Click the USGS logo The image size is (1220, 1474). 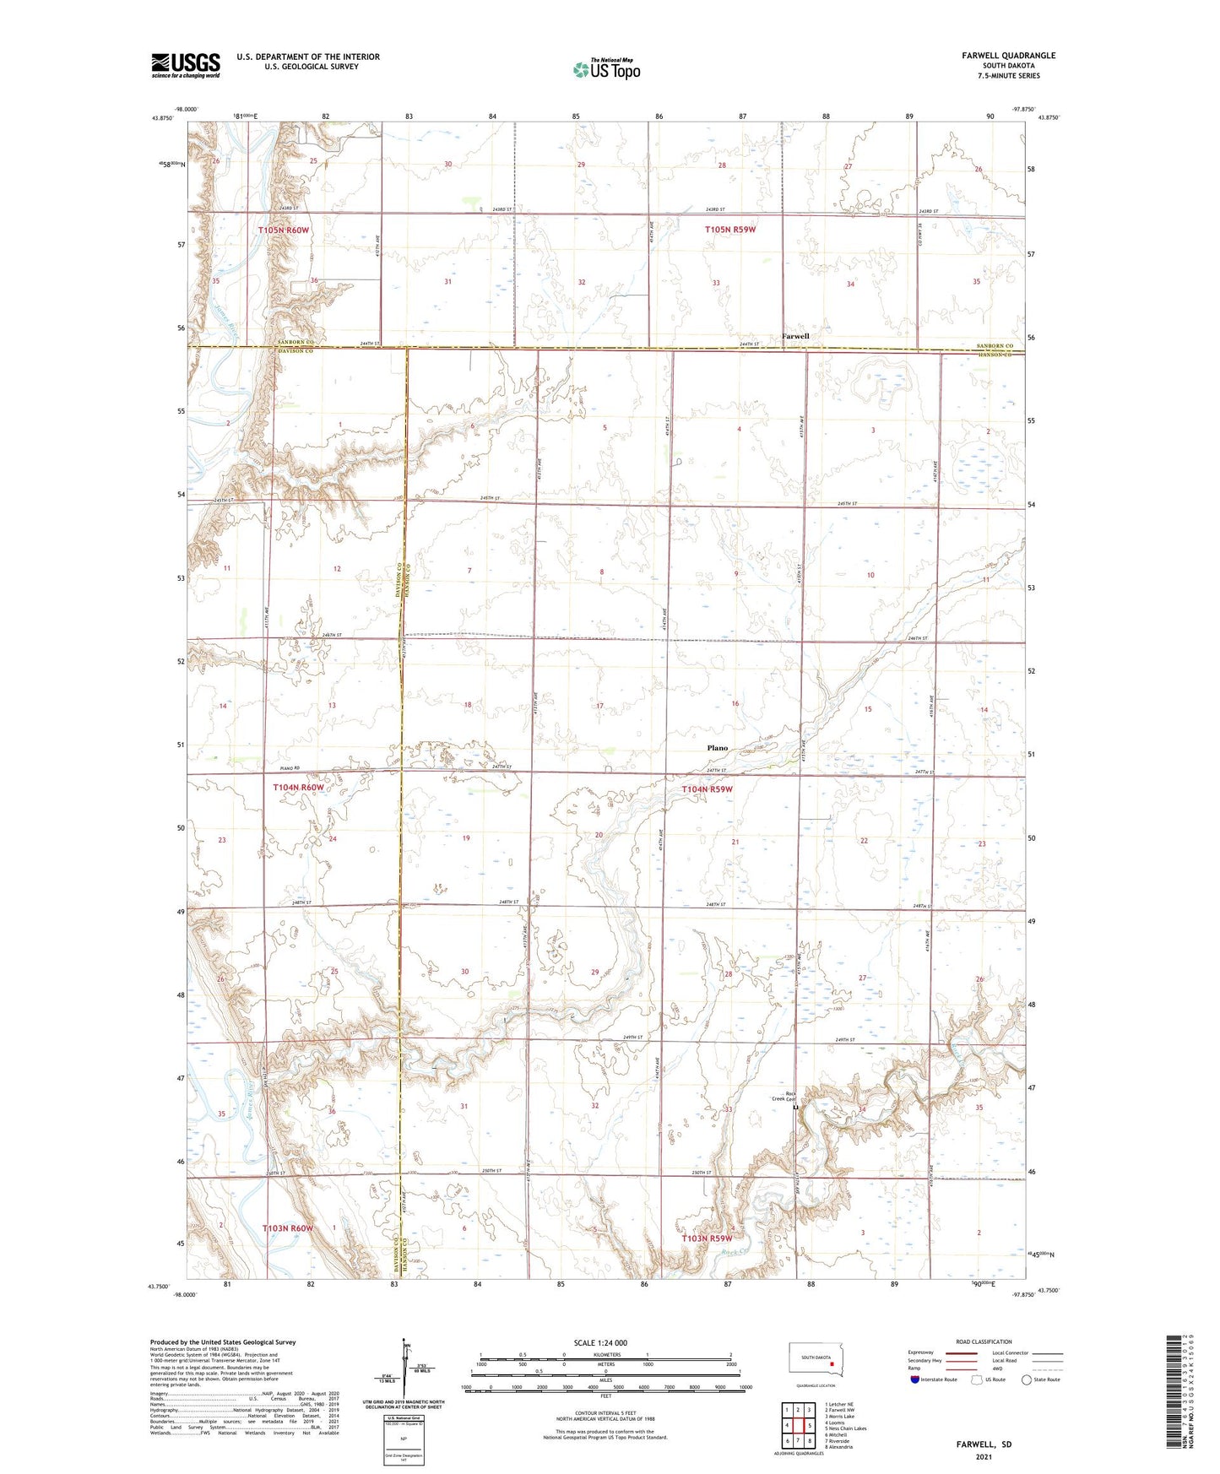[x=186, y=65]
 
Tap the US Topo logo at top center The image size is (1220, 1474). [x=606, y=69]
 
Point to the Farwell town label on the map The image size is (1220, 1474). [x=794, y=336]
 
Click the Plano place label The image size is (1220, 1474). [x=717, y=748]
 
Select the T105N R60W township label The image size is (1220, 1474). [x=284, y=230]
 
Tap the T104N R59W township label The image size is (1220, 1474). [x=707, y=789]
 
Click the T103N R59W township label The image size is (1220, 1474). [x=707, y=1238]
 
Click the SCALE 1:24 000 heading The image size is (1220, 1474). [x=600, y=1343]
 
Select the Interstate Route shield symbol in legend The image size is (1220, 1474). [x=915, y=1379]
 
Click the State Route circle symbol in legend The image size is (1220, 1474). [x=1027, y=1379]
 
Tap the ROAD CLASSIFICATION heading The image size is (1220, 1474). [x=984, y=1341]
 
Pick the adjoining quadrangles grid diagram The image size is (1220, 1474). [x=797, y=1426]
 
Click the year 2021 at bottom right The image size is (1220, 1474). [x=983, y=1456]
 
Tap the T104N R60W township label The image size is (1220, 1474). [x=298, y=788]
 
